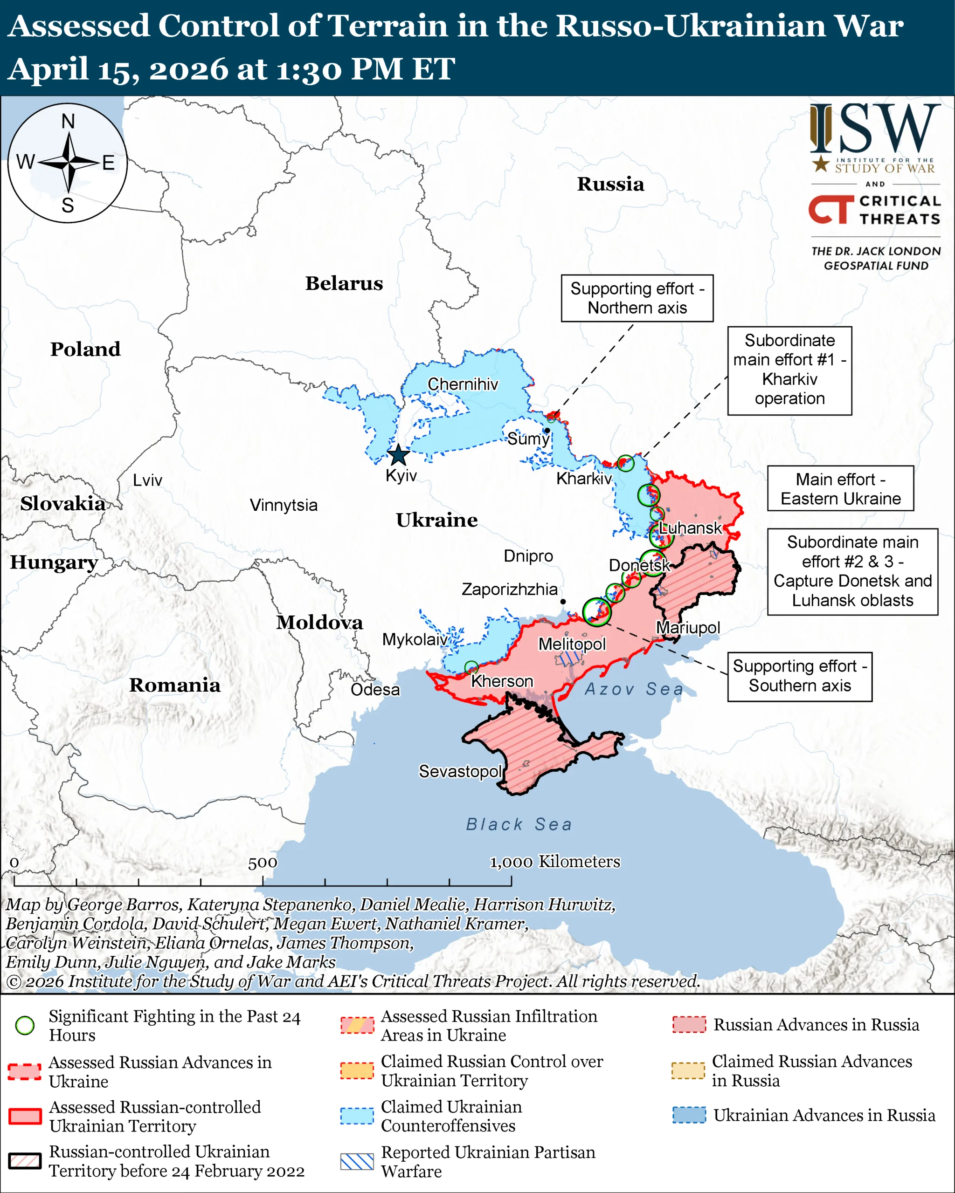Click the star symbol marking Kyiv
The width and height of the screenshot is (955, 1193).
coord(398,455)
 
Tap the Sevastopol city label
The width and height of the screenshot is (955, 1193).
coord(460,771)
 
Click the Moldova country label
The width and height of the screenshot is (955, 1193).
coord(319,622)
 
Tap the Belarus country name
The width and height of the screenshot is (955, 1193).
coord(344,283)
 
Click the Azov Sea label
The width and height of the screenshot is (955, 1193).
coord(634,689)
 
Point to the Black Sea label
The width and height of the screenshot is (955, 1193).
coord(519,824)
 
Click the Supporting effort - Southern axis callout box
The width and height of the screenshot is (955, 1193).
coord(799,676)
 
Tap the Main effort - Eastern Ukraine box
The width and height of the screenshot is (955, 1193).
coord(840,488)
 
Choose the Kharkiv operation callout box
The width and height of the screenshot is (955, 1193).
coord(789,370)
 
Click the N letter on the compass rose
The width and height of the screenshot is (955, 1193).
coord(68,121)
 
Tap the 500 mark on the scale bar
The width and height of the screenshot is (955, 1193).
coord(263,863)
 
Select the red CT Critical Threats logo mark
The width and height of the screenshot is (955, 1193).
coord(830,209)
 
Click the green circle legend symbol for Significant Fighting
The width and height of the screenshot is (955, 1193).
coord(25,1025)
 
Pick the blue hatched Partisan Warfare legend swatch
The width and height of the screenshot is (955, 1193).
coord(357,1161)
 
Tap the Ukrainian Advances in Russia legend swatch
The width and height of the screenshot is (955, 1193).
coord(689,1115)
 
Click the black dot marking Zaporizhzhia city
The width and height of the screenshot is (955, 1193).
coord(562,602)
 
